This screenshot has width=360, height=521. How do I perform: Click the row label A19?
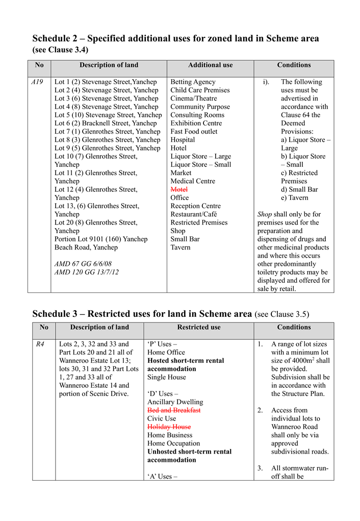[37, 82]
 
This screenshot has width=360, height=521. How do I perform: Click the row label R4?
[40, 344]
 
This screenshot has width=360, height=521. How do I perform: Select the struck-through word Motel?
[179, 189]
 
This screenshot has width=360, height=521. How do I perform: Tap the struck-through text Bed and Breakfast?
[174, 410]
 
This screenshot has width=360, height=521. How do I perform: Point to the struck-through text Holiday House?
[169, 427]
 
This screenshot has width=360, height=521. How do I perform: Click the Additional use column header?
[210, 65]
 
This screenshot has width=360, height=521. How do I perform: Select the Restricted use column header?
[198, 327]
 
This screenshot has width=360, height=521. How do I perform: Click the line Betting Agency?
[193, 82]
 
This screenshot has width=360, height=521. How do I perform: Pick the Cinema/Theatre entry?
[193, 98]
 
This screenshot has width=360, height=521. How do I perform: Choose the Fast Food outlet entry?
[194, 132]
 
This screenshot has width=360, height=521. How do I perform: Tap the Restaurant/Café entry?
[193, 214]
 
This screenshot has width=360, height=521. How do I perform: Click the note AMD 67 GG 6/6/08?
[83, 264]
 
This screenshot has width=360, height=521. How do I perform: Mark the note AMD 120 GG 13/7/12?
[86, 272]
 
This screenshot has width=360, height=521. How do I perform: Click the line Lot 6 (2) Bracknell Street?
[106, 123]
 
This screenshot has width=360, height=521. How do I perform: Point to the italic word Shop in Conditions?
[265, 214]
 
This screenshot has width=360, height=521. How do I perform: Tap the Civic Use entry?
[162, 418]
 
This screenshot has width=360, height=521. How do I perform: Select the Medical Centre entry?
[193, 181]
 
